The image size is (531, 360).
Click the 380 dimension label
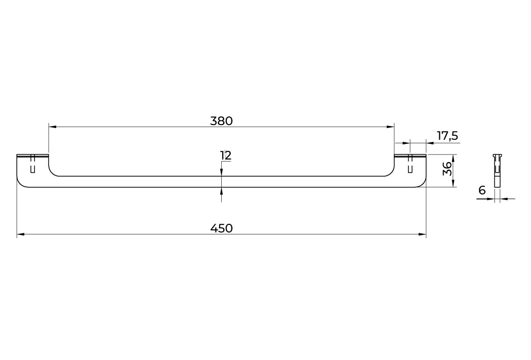coord(222,121)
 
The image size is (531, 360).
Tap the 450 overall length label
coord(222,228)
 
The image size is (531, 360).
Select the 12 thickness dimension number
coord(226,155)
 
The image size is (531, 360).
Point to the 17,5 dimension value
coord(447,136)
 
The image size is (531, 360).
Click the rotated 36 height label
coord(447,168)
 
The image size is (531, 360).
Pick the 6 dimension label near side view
coord(482,190)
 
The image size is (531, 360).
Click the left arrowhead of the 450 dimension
coord(20,234)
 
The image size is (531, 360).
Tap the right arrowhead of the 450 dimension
coord(422,234)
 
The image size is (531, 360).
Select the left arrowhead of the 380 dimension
coord(52,127)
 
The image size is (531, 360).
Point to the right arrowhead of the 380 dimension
coord(391,127)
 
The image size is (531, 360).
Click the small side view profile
coord(497,170)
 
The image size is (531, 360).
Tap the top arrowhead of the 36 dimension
coord(453,158)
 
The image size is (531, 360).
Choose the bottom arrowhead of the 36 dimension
coord(453,183)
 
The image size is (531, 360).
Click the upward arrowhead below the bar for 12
coord(222,191)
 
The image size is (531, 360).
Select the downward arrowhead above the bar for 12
coord(222,172)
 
